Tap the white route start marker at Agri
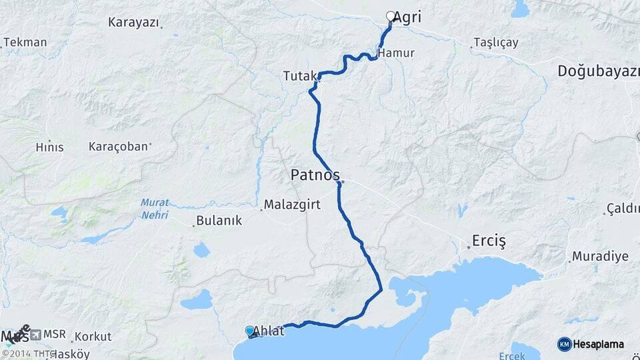(x=391, y=16)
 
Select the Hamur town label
(x=395, y=53)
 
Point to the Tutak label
(x=298, y=77)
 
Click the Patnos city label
(x=315, y=175)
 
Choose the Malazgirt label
(x=287, y=205)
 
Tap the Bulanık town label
(x=217, y=221)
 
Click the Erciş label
(x=489, y=240)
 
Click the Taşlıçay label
(x=495, y=43)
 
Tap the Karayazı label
(x=133, y=22)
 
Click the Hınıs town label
(x=50, y=147)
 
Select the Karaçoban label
(x=118, y=146)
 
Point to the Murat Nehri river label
(x=155, y=209)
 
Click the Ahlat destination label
(x=268, y=331)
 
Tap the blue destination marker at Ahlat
(x=250, y=331)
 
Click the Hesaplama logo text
(x=598, y=344)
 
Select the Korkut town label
(x=93, y=337)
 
